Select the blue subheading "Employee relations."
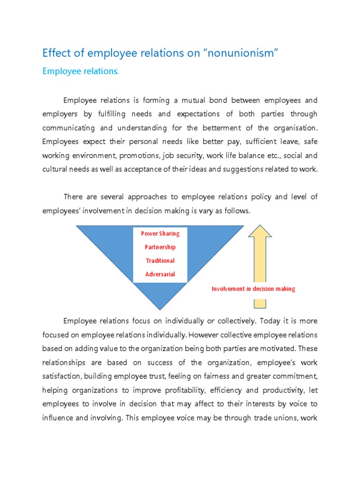(81, 71)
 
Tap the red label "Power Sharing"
(160, 233)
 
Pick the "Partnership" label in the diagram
(160, 247)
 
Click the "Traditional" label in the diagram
(160, 261)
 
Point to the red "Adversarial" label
(160, 274)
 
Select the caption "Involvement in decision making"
(253, 289)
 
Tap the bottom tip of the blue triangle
(160, 308)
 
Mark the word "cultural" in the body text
(55, 169)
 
